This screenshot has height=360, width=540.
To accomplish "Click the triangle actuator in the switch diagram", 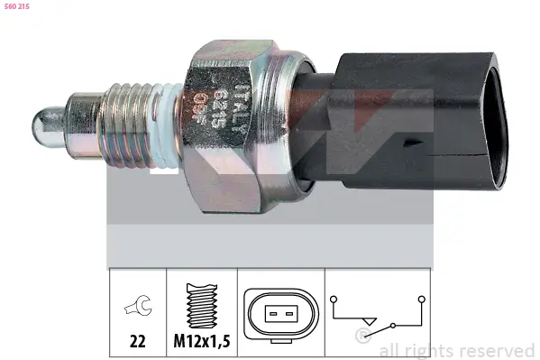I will (366, 318).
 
